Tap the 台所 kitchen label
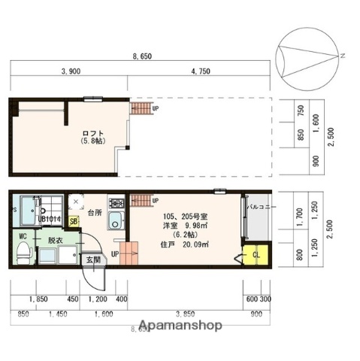point(94,213)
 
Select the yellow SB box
point(74,221)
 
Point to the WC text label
point(23,235)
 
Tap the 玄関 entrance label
point(92,259)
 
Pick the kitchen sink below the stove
point(116,221)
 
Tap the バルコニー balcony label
point(262,207)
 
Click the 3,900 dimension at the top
point(70,71)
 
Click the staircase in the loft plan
point(141,109)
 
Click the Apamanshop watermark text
point(180,326)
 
